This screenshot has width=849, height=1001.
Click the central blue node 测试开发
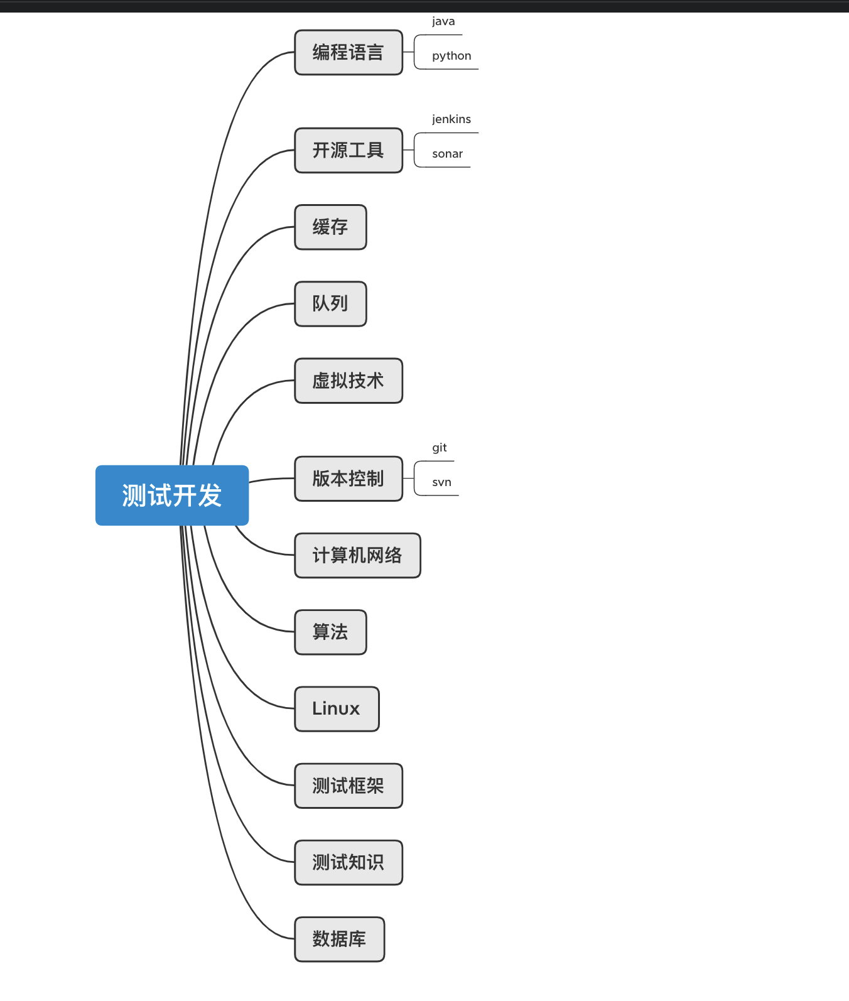tap(171, 495)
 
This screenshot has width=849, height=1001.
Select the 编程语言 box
tap(349, 52)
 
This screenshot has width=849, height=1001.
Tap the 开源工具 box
tap(349, 150)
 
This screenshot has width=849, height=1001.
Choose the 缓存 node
tap(330, 227)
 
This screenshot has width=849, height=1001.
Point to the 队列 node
tap(330, 304)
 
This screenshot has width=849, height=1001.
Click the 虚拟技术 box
tap(349, 381)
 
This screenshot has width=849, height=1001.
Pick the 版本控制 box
tap(349, 479)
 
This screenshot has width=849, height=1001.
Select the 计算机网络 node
tap(357, 555)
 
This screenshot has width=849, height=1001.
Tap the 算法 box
tap(330, 632)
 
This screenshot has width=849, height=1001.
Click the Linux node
tap(337, 709)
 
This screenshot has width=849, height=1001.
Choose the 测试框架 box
tap(349, 786)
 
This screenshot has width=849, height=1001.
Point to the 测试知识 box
tap(349, 862)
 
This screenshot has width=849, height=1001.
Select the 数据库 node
tap(339, 939)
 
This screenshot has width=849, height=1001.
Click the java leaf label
tap(443, 21)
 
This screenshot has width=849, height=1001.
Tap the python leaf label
tap(452, 56)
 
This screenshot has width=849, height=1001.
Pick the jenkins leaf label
tap(452, 119)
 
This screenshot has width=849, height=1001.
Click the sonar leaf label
tap(447, 154)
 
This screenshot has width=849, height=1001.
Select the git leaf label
tap(440, 448)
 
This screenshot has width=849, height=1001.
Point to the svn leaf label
tap(441, 482)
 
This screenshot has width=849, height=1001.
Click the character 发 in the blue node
tap(210, 495)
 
